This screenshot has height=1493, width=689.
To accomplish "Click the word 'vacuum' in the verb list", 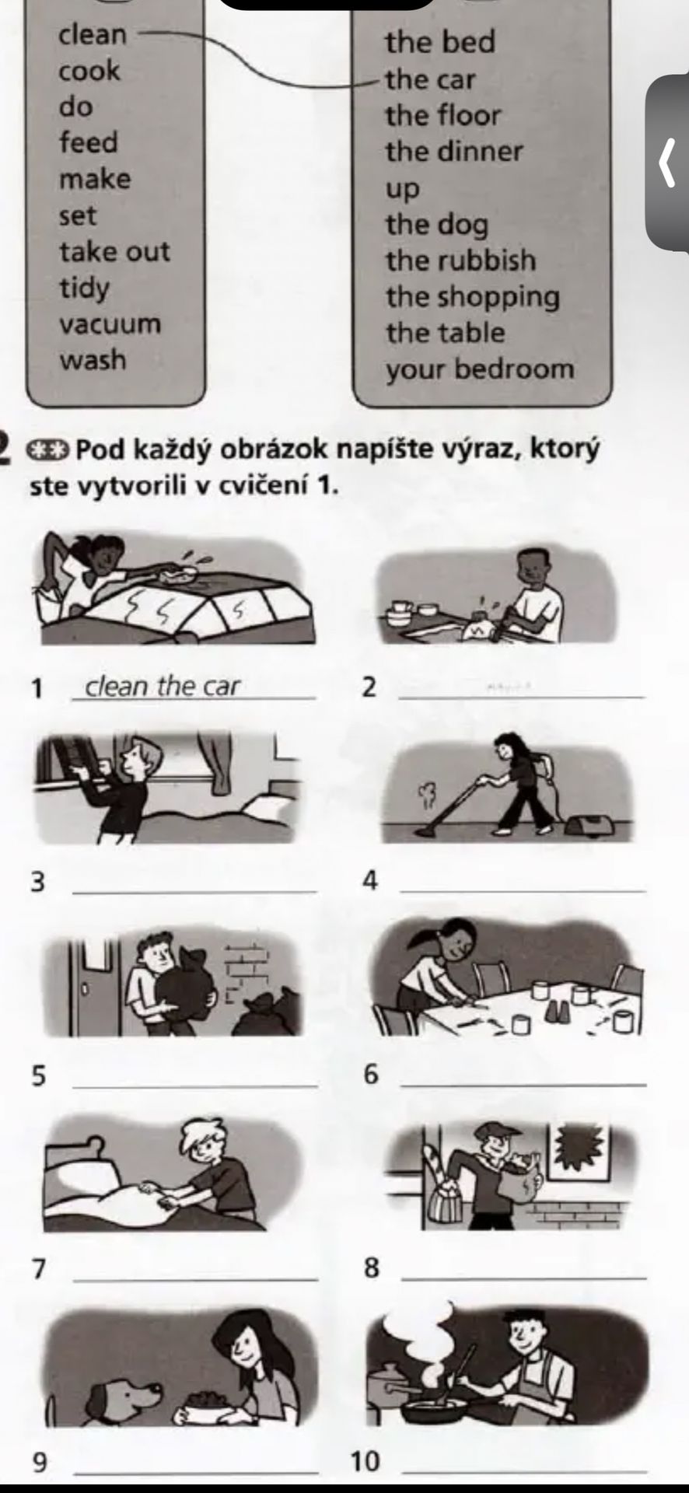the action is click(x=110, y=323).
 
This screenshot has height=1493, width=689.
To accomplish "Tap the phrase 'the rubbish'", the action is click(x=460, y=260).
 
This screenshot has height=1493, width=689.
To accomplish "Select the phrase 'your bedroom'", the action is click(x=480, y=369).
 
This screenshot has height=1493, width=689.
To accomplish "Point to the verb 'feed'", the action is click(x=89, y=142).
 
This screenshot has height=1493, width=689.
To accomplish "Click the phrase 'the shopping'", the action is click(x=472, y=297).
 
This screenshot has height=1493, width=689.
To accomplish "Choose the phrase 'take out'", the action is click(x=114, y=251).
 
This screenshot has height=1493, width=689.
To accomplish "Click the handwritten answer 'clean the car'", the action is click(x=163, y=686).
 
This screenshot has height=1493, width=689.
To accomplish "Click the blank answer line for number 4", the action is click(x=522, y=890).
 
